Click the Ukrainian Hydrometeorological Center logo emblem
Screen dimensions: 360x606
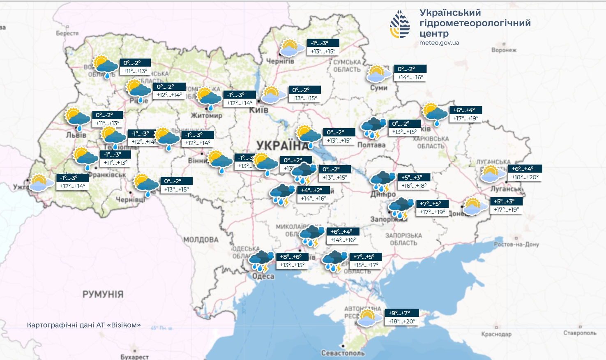coord(400,25)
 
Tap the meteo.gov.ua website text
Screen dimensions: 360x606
coord(439,43)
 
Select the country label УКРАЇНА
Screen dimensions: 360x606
coord(281,145)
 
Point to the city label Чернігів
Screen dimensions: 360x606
coord(280,61)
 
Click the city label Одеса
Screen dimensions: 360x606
coord(263,276)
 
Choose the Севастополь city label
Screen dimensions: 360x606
coord(343,353)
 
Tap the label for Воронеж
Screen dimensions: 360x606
coord(504,50)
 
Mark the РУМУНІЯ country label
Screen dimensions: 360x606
coord(103,294)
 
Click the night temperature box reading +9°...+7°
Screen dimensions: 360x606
coord(402,313)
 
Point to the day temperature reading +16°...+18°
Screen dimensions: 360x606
coord(414,186)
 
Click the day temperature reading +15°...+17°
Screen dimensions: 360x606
coord(366,265)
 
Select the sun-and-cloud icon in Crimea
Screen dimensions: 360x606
coord(369,318)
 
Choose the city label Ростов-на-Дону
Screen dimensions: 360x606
coord(516,244)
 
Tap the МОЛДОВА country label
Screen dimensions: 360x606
coord(201,240)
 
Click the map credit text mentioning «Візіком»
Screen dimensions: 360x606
coord(84,325)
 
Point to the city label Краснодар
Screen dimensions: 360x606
coord(496,334)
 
